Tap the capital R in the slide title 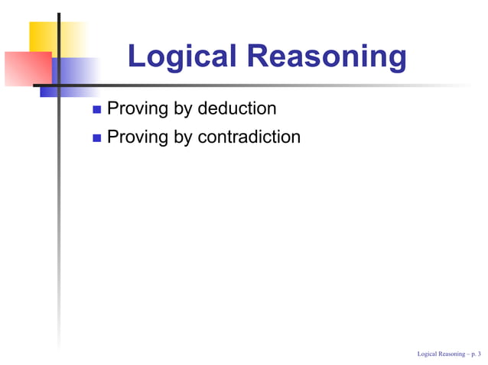click(x=260, y=57)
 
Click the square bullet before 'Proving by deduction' click(x=96, y=110)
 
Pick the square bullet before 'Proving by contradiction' click(x=96, y=138)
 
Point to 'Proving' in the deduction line click(x=138, y=109)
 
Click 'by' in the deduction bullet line click(x=184, y=109)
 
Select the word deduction click(x=237, y=108)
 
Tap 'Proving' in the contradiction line click(x=138, y=137)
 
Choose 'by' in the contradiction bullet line click(x=184, y=137)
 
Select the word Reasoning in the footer click(x=451, y=354)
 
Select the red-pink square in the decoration click(x=28, y=69)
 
